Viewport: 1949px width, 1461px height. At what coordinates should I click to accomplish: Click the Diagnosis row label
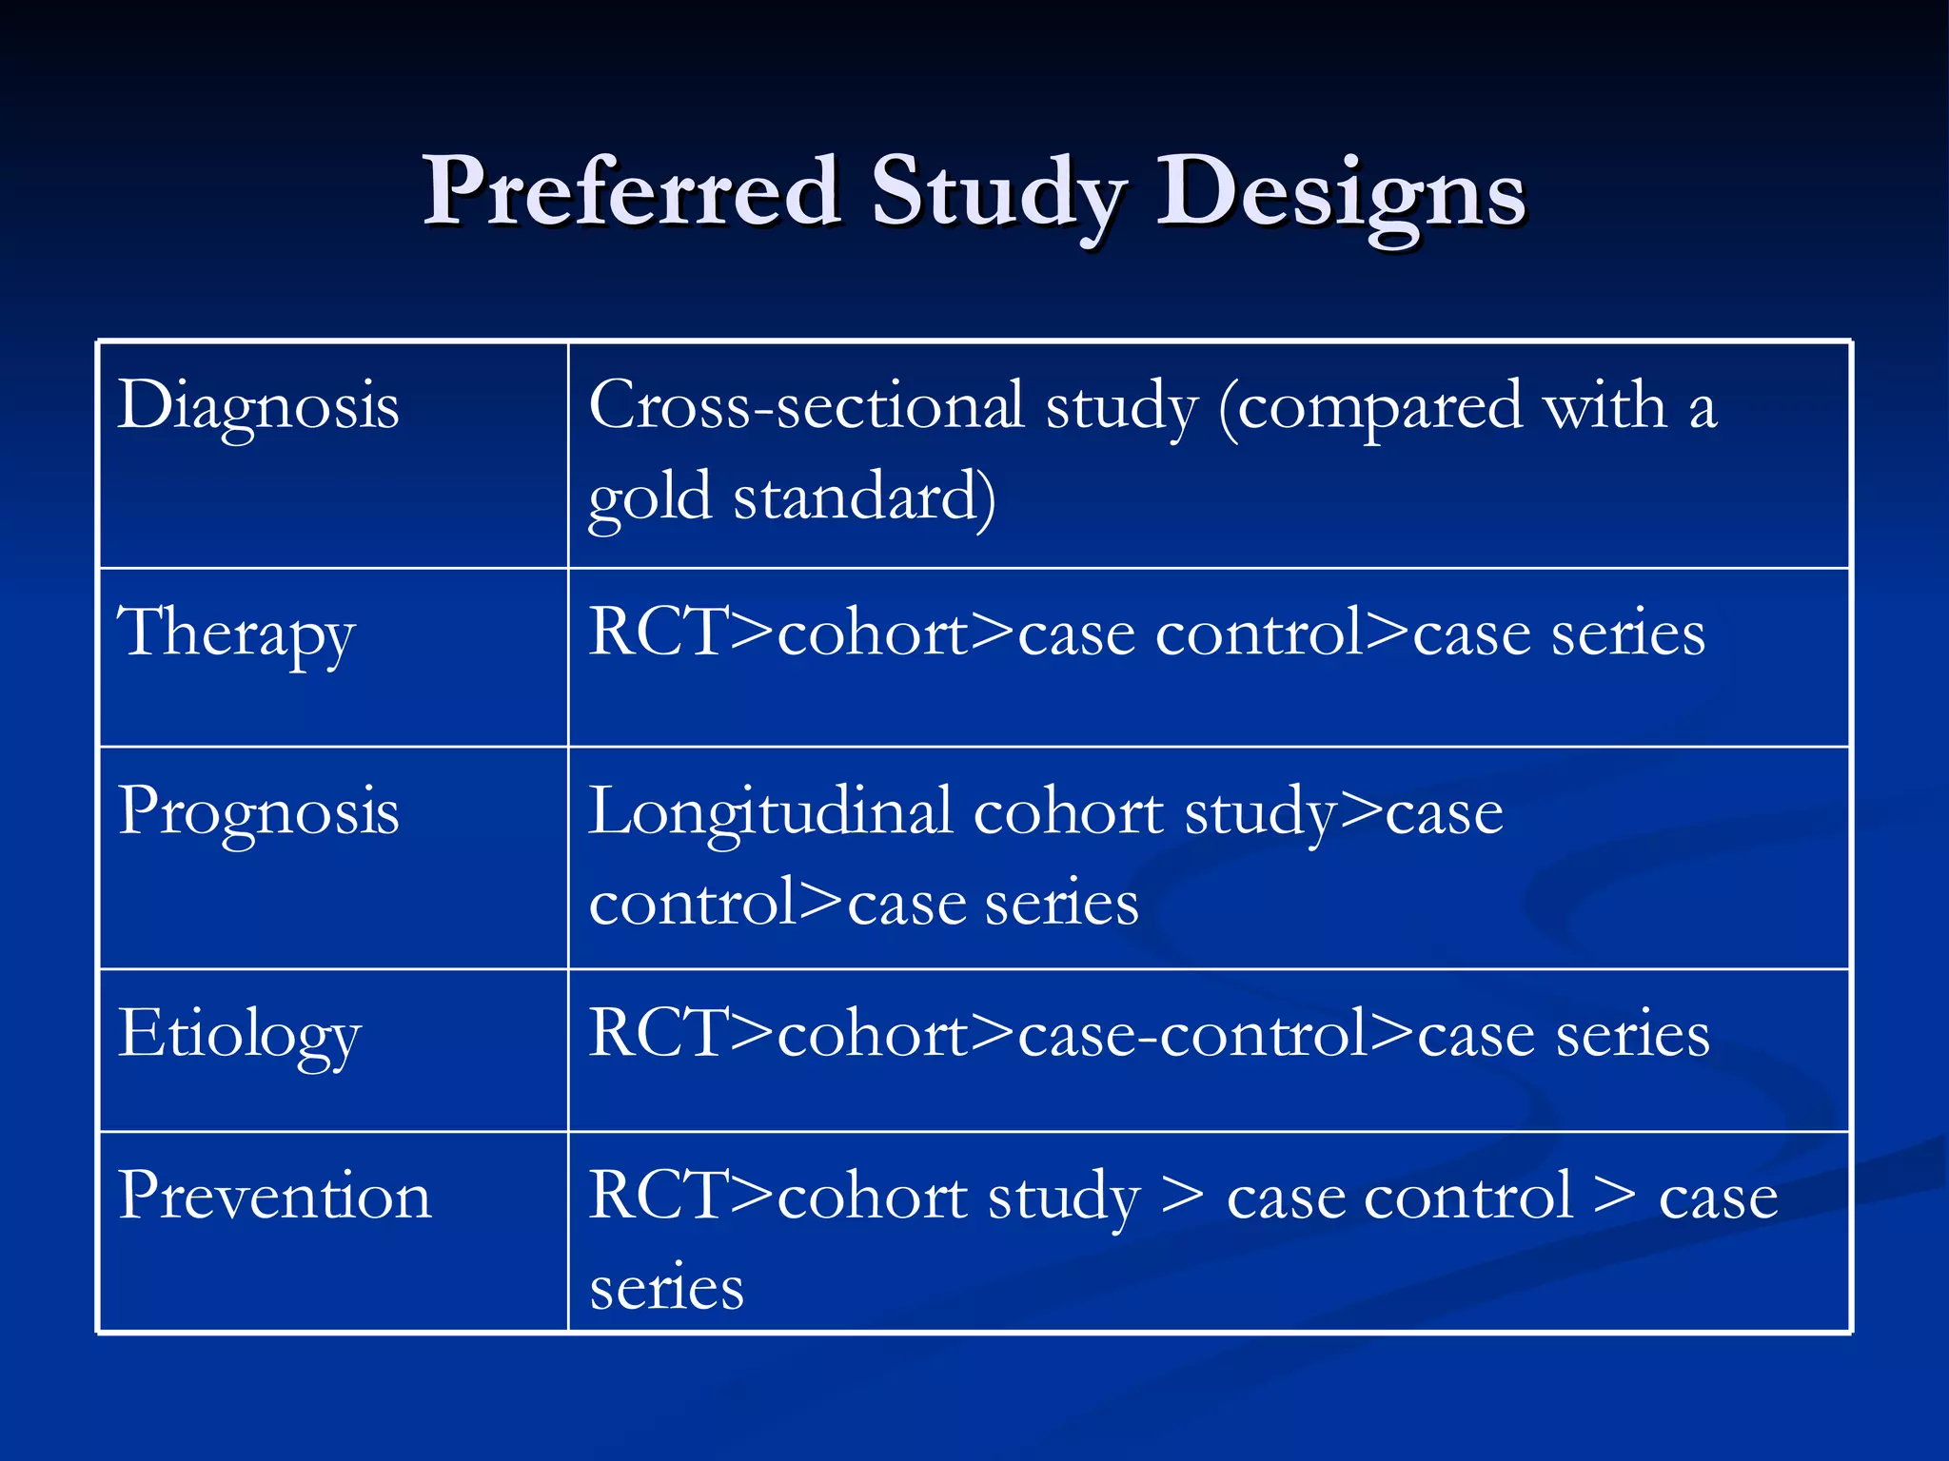coord(258,407)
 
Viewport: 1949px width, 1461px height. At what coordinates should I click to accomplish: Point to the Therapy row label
coord(236,633)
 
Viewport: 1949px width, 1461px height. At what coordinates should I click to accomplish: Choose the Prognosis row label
coord(258,813)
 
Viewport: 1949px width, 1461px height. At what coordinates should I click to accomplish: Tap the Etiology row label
coord(239,1035)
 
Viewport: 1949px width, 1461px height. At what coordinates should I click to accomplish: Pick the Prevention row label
coord(274,1196)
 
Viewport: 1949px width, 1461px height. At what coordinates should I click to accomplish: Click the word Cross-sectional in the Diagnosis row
coord(805,405)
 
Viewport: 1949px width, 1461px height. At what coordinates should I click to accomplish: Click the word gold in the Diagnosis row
coord(649,497)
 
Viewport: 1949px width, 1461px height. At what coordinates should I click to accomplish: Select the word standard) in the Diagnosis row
coord(864,496)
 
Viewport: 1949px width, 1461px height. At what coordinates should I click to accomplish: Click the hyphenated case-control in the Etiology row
coord(1193,1033)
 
